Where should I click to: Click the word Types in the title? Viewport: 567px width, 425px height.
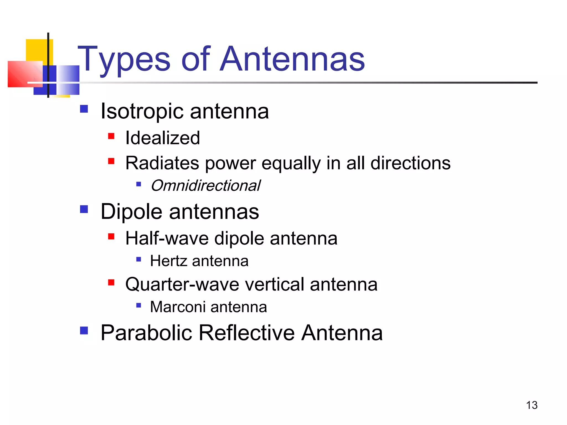(124, 59)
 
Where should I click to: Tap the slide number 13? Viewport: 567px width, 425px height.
(532, 405)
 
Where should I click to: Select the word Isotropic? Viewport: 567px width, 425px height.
(142, 111)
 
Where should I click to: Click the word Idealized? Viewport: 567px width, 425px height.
(163, 138)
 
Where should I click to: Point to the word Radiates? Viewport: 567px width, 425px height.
(162, 163)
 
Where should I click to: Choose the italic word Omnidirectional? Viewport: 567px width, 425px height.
(205, 185)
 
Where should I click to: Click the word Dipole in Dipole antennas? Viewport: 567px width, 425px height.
(131, 212)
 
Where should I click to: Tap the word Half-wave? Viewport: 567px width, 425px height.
(167, 238)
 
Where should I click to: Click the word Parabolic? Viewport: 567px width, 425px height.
(146, 333)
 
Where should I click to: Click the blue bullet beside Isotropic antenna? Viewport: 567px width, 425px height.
(84, 109)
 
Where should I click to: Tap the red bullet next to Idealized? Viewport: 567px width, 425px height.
(111, 136)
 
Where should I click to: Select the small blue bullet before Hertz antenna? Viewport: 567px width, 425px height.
(139, 260)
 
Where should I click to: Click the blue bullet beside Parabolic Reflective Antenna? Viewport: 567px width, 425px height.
(84, 330)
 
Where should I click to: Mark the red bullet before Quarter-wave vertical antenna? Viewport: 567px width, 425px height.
(111, 283)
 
